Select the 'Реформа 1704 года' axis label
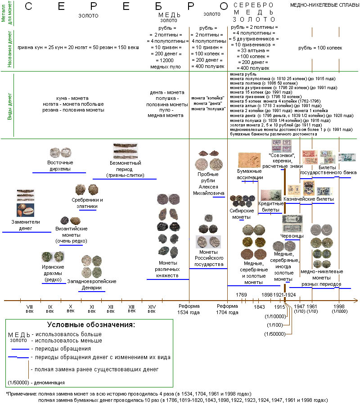point(227,309)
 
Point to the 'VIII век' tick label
point(30,309)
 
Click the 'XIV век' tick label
point(152,309)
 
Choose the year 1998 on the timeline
point(339,306)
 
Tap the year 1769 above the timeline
point(242,295)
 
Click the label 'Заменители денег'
point(26,225)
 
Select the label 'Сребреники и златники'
point(87,203)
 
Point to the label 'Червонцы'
point(292,236)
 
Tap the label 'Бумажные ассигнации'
point(250,174)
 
